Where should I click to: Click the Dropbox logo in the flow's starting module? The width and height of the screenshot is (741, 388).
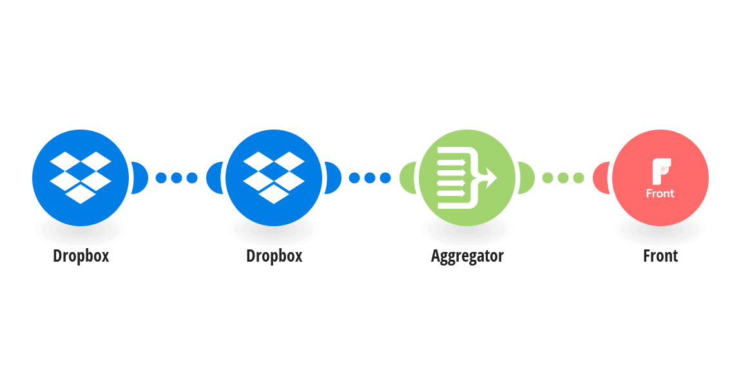point(81,178)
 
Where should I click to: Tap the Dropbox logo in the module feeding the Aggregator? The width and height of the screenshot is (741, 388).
point(274,178)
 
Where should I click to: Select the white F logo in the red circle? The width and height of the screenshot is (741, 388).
point(661,171)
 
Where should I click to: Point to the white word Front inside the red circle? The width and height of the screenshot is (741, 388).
point(660,193)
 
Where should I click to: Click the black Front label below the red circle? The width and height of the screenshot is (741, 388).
point(660,256)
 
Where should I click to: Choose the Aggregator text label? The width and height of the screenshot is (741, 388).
point(467,256)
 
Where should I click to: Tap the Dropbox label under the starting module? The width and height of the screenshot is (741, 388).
point(81,256)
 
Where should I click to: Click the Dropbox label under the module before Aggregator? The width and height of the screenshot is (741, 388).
point(274,256)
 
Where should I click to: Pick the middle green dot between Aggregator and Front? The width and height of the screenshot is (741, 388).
point(563,178)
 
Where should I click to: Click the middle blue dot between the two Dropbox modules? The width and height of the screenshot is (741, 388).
point(177,178)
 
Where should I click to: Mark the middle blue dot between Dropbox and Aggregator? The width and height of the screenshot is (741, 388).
point(370,178)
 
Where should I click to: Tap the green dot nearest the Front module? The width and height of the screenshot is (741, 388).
point(579,178)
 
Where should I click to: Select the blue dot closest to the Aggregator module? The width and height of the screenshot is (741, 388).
point(385,178)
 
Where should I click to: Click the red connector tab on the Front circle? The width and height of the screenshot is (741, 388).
point(601,178)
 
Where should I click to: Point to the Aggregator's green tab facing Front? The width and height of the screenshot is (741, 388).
point(526,178)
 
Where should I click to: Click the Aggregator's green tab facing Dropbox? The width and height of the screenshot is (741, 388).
point(408,178)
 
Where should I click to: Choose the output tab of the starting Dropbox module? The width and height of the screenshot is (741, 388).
point(140,178)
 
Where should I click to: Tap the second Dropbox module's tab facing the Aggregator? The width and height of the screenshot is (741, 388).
point(333,178)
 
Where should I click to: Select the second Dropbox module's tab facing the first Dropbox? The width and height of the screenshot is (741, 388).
point(215,178)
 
